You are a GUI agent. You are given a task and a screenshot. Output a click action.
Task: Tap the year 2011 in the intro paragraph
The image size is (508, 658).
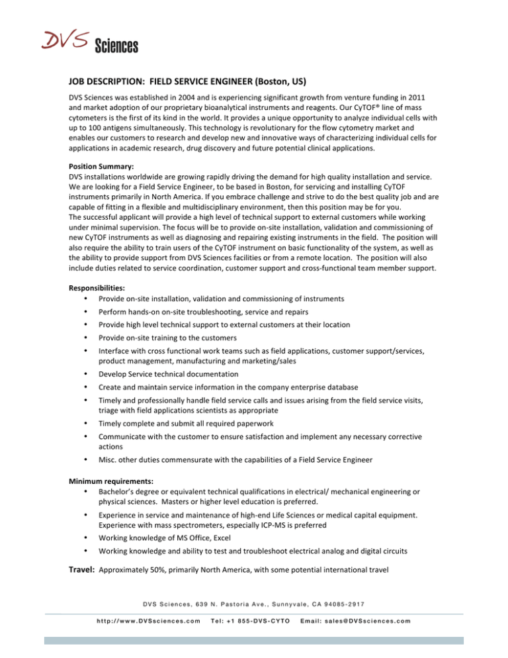tap(422, 99)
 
